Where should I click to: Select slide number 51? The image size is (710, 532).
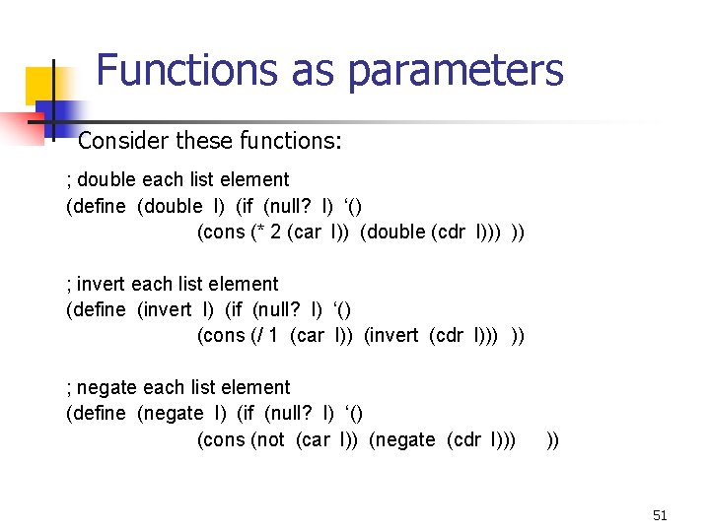tap(660, 515)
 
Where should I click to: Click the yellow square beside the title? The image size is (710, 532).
tap(45, 87)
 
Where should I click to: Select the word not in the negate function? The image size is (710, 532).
tap(269, 440)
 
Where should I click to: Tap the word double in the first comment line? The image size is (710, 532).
tap(107, 179)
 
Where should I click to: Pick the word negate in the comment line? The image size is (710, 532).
tap(109, 388)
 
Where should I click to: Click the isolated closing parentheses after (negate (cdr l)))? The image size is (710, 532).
tap(552, 440)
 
